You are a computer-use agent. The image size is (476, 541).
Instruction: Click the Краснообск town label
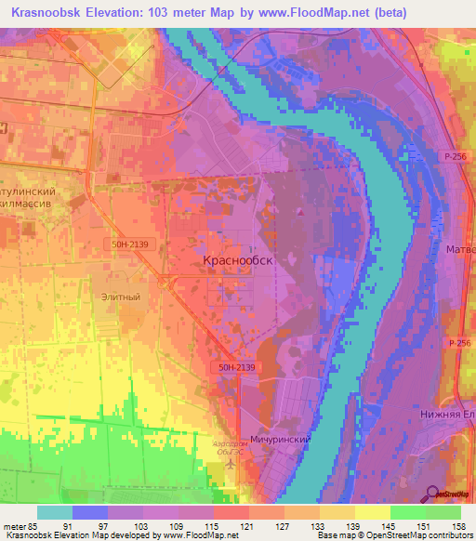click(x=238, y=261)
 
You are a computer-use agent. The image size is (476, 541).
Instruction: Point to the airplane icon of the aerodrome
click(x=230, y=463)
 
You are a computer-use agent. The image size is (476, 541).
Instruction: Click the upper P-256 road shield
click(x=455, y=157)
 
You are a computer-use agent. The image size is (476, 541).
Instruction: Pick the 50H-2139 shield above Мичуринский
click(x=237, y=368)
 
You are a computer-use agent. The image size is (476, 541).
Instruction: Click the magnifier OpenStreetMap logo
click(x=432, y=494)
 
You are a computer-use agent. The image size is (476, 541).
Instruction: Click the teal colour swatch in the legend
click(x=55, y=512)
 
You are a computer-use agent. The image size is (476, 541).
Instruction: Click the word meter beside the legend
click(x=15, y=525)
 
